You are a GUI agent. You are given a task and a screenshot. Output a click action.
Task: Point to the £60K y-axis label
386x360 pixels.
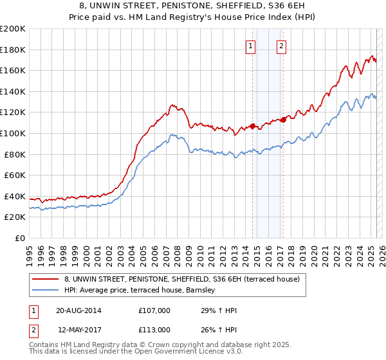[15, 175]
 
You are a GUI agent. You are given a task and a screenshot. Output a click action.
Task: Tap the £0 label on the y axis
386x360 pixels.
[20, 238]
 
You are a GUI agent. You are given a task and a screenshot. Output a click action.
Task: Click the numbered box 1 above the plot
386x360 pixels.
[250, 45]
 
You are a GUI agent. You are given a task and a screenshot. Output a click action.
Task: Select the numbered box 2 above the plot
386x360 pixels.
[282, 45]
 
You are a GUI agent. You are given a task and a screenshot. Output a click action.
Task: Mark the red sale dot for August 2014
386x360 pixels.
[252, 126]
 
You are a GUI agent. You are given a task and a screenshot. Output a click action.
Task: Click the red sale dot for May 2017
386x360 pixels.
[283, 119]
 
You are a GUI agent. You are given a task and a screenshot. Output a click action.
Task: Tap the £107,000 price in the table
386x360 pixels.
[154, 310]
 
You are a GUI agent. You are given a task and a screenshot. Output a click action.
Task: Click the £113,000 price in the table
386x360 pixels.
[154, 330]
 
